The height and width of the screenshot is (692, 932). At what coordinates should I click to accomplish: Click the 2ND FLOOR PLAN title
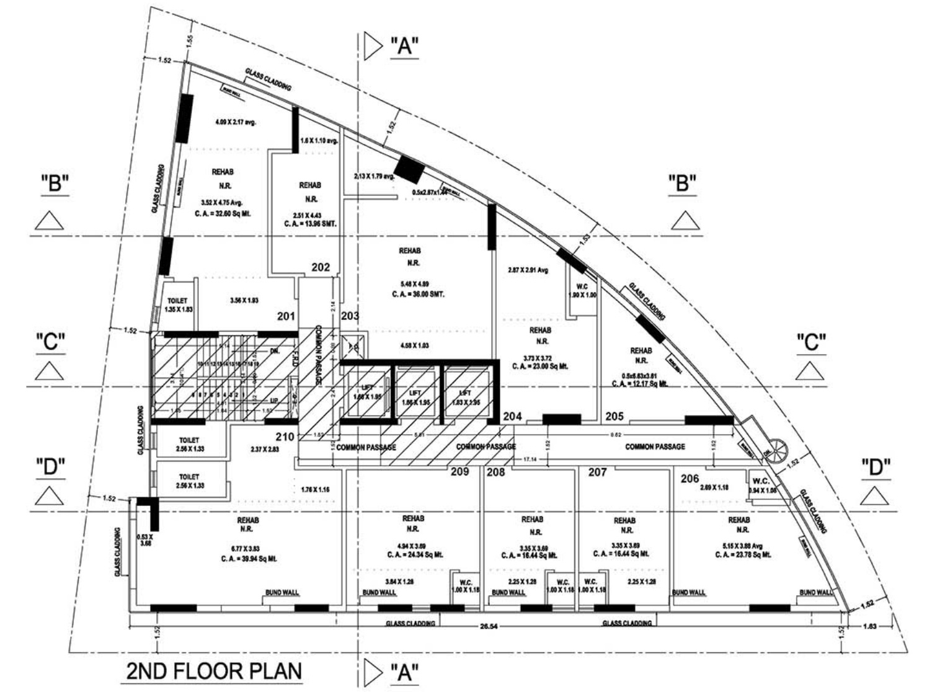point(214,670)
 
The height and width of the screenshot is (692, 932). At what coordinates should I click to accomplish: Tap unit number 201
point(286,316)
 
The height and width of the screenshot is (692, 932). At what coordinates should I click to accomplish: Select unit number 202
point(321,267)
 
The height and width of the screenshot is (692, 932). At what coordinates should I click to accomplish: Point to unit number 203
point(350,316)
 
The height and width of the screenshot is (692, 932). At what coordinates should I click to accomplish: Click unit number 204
point(512,416)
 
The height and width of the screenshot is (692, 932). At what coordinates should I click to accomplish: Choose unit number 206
point(690,478)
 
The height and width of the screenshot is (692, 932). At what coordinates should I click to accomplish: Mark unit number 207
point(597,472)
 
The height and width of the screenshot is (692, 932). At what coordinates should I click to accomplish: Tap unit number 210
point(285,437)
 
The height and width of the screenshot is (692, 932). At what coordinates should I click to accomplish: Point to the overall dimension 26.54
point(489,626)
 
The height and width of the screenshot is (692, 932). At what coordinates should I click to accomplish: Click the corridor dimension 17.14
point(530,459)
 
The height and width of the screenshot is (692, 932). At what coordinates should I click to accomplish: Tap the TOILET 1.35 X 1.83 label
point(177,304)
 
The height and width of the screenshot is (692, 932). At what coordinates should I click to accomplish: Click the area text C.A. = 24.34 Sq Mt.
point(414,555)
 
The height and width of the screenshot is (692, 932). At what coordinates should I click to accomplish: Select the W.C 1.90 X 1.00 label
point(582,291)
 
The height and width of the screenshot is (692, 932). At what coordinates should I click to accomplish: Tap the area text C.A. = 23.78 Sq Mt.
point(743,555)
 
